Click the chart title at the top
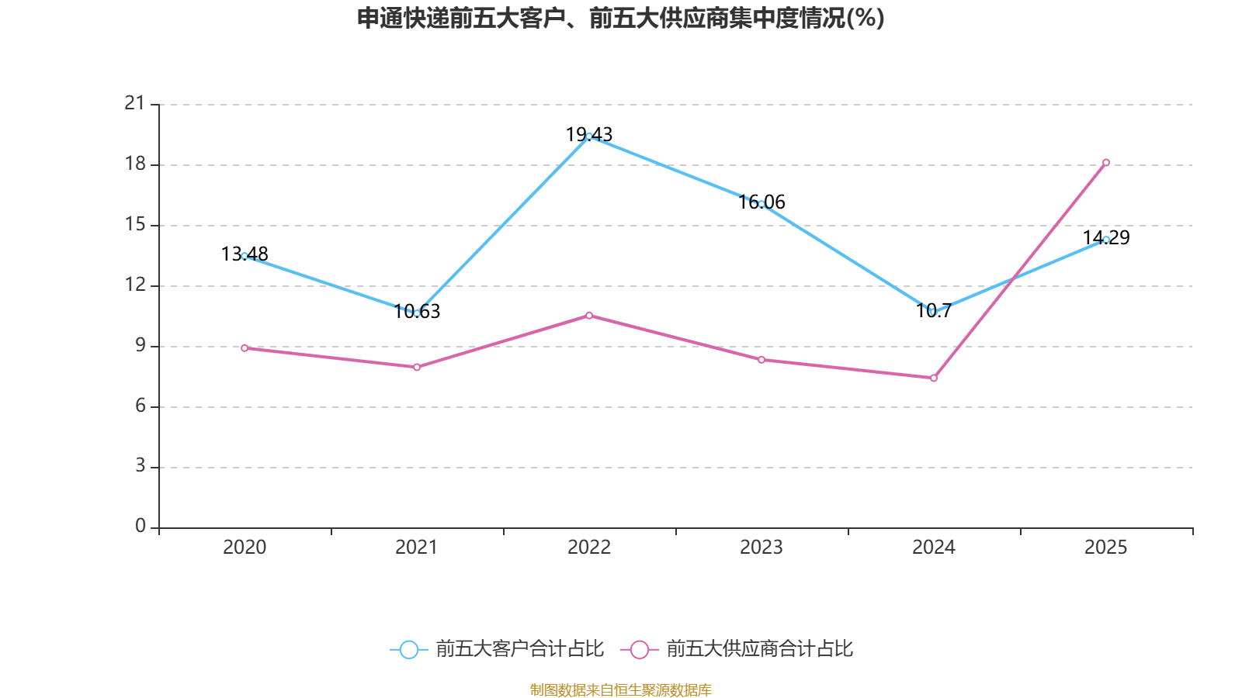click(620, 18)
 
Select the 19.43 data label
click(589, 135)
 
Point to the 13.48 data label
click(245, 254)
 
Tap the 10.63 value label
click(417, 312)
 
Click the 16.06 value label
click(762, 202)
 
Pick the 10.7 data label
click(933, 311)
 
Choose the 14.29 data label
click(1106, 238)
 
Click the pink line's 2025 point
click(1106, 163)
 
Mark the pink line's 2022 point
click(589, 316)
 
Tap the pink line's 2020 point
click(245, 348)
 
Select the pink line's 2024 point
click(934, 378)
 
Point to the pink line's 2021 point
click(417, 367)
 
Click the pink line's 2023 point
click(762, 360)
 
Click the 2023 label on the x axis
click(762, 548)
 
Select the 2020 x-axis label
click(245, 548)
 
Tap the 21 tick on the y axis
click(135, 103)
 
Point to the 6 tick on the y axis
click(141, 406)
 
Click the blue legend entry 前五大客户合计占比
click(497, 649)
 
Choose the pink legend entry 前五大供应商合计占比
click(737, 649)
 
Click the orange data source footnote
click(620, 689)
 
